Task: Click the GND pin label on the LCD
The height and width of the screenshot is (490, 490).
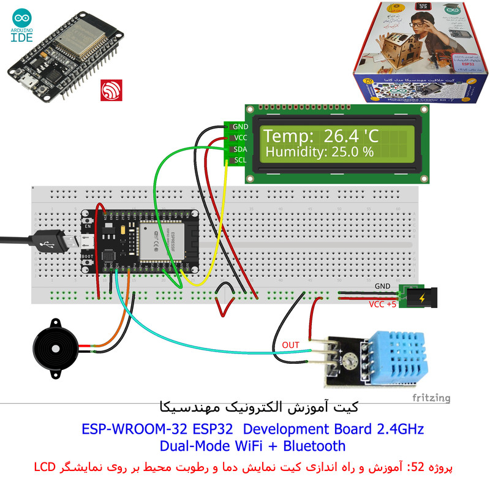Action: click(x=240, y=127)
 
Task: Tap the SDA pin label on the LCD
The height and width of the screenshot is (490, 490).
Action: click(x=240, y=149)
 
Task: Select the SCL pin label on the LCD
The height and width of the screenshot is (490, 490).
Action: click(x=240, y=160)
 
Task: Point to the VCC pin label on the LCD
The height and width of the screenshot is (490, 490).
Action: click(x=240, y=138)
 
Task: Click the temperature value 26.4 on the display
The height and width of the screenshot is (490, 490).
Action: click(x=344, y=136)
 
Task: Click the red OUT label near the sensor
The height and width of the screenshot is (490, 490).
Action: click(x=291, y=345)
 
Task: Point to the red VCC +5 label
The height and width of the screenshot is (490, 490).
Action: click(x=383, y=304)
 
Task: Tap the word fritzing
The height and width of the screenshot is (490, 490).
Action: click(x=431, y=398)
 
